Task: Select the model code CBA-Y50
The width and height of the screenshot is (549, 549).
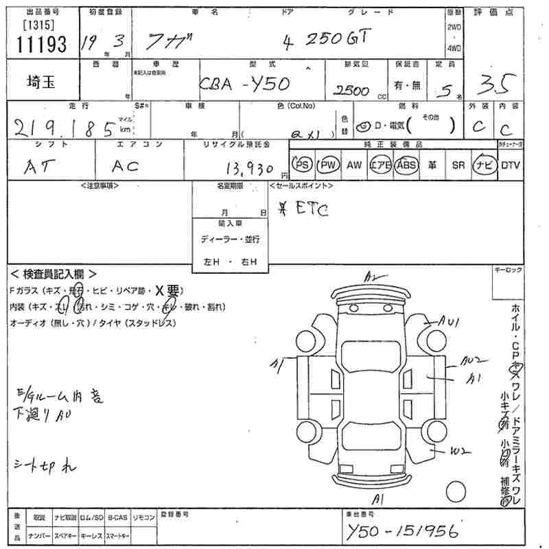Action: coord(244,84)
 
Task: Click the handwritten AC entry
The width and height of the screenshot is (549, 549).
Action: coord(125,165)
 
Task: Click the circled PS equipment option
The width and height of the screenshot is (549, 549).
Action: coord(302,165)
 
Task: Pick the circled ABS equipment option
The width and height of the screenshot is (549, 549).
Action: coord(406,165)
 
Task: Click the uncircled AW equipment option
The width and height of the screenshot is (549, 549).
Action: coord(354,165)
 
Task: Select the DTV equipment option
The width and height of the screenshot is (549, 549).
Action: coord(510,165)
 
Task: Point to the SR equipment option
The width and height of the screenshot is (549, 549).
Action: coord(458,165)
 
